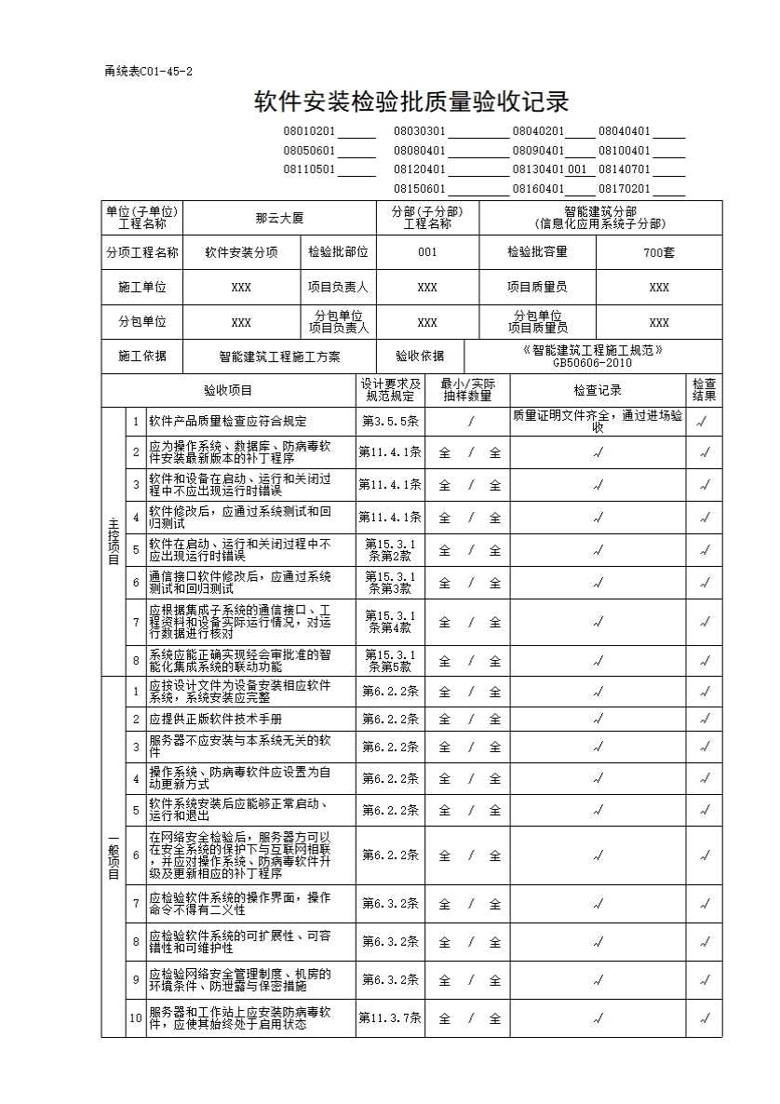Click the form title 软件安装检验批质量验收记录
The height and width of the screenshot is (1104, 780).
point(411,101)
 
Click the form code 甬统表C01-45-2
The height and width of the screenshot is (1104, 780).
point(149,72)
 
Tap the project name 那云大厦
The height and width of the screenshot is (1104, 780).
point(279,218)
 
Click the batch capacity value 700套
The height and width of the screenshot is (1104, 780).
point(659,252)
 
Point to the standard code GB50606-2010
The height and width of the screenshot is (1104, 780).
point(592,363)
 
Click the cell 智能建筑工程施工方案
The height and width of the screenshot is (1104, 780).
point(279,356)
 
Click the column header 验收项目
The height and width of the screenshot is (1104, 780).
point(228,390)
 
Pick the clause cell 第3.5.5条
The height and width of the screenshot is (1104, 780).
point(390,421)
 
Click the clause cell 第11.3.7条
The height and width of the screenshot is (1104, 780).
point(390,1018)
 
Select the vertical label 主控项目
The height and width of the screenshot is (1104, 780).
point(113,542)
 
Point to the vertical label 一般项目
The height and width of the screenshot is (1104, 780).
point(113,856)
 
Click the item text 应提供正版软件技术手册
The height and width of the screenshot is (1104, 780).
point(215,719)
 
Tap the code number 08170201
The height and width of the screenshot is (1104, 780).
point(625,189)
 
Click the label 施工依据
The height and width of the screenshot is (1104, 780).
point(142,356)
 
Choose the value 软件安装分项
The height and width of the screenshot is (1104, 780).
point(241,252)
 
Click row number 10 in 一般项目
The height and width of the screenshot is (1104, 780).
point(136,1018)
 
